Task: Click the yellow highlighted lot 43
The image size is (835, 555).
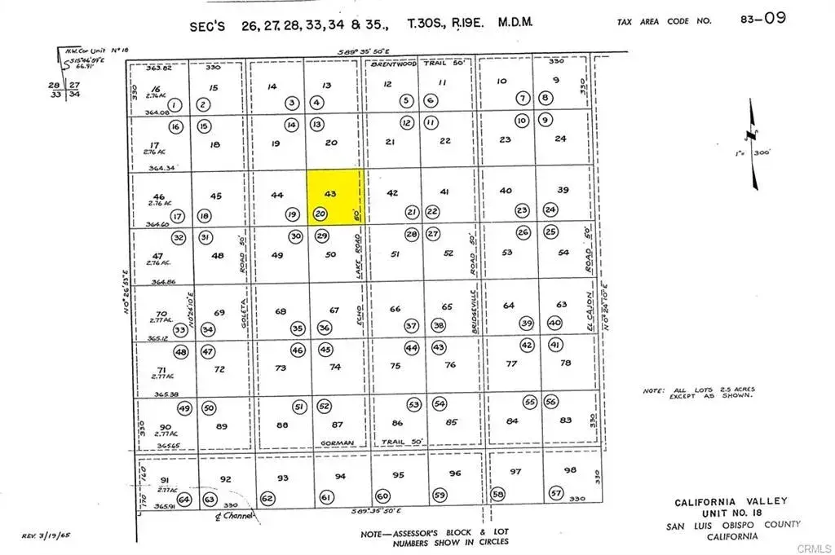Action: click(334, 196)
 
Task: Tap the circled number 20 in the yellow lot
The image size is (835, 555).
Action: click(320, 214)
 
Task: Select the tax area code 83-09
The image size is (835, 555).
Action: click(763, 18)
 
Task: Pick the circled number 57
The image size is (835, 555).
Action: click(556, 493)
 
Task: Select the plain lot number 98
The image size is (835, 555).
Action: click(570, 470)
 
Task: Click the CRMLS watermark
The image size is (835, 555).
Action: click(815, 547)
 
